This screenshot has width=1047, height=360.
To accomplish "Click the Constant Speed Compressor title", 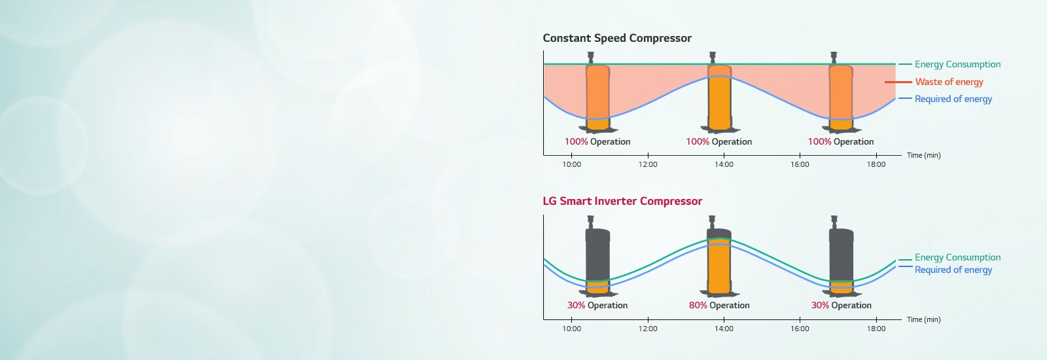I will [616, 38].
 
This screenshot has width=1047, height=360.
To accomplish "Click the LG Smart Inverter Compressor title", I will [622, 201].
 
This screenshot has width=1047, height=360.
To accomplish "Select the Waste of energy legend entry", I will [949, 82].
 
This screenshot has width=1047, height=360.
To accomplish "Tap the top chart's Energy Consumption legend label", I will [957, 64].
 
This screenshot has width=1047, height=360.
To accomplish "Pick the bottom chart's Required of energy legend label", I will [953, 270].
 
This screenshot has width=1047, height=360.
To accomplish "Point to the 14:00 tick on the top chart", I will [724, 164].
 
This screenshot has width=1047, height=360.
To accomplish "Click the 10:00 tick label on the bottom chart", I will [571, 329].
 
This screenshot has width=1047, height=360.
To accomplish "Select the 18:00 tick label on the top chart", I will [876, 164].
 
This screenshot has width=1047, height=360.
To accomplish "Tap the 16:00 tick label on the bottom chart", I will [800, 329].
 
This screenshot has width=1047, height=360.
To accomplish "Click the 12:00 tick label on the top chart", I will [648, 164].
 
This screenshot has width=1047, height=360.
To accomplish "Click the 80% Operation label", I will [719, 305].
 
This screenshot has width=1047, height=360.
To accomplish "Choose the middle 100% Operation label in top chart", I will [719, 141].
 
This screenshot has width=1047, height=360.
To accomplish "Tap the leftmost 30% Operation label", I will [597, 305].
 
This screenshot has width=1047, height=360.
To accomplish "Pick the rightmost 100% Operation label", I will [840, 141].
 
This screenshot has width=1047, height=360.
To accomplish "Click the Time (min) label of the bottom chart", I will [923, 319].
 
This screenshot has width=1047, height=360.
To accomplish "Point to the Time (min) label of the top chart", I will [923, 155].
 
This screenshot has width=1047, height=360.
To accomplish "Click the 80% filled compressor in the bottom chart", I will [719, 262].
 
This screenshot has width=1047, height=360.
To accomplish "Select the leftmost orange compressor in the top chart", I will [597, 95].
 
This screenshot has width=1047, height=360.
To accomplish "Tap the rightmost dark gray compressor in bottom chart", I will [841, 259].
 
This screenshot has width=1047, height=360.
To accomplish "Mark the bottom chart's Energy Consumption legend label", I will [957, 257].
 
